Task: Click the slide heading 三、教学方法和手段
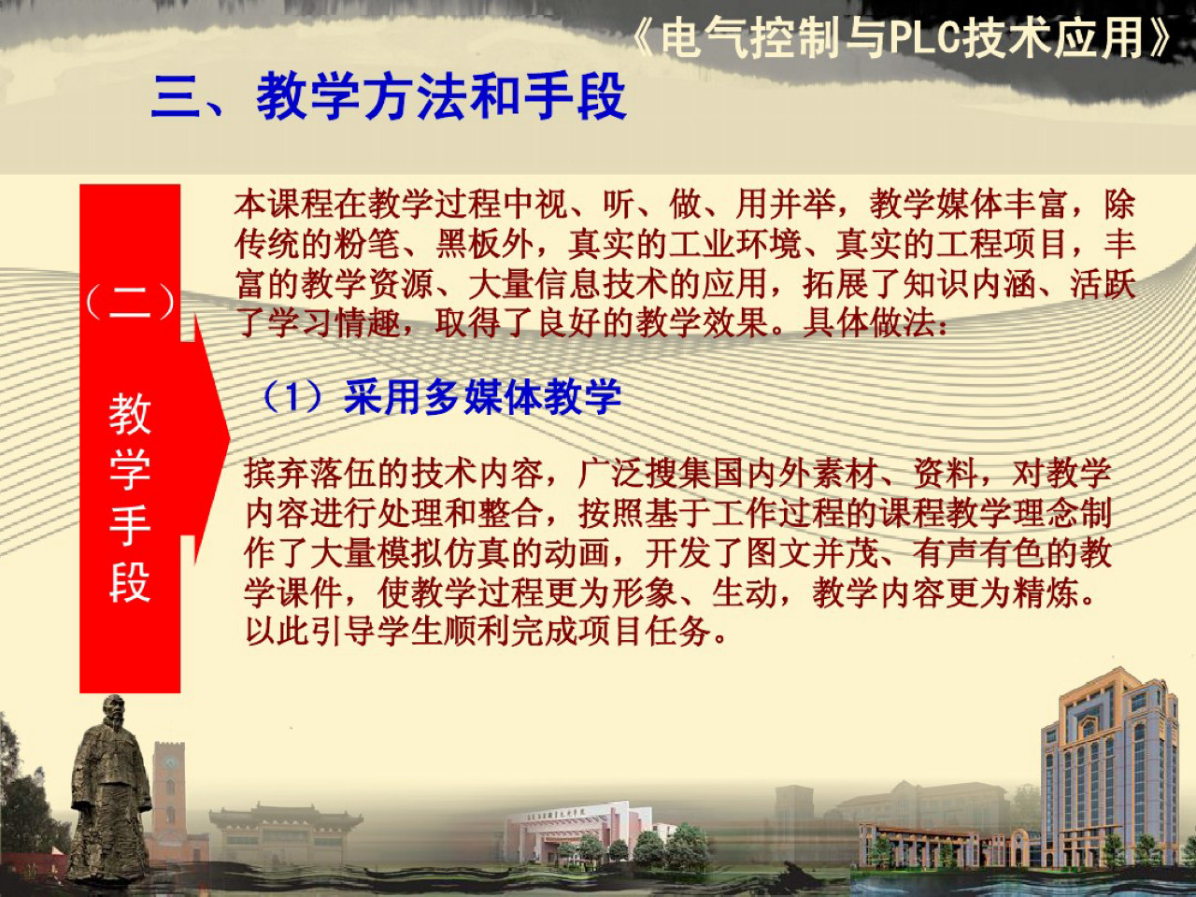(388, 96)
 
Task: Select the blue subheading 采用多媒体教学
(482, 397)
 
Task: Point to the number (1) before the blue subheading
(293, 397)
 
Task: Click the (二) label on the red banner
(130, 301)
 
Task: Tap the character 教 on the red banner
(130, 414)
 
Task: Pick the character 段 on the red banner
(130, 582)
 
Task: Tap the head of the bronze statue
(114, 710)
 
